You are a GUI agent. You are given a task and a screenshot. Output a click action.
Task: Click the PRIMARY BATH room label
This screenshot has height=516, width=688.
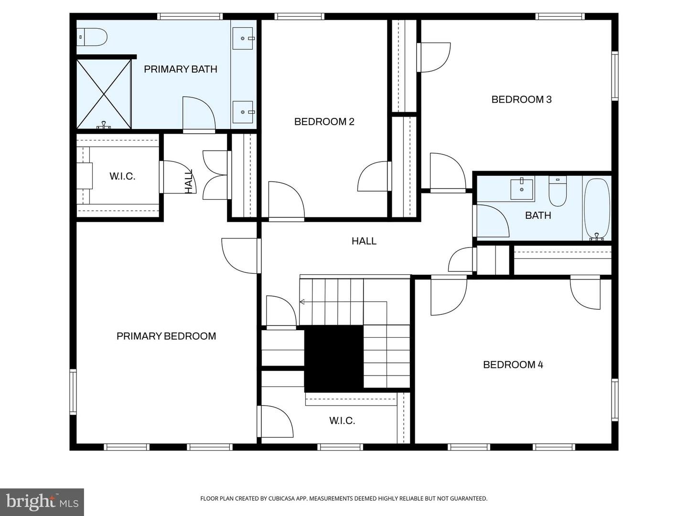click(180, 69)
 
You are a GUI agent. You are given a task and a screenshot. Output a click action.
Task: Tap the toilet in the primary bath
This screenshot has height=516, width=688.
click(93, 37)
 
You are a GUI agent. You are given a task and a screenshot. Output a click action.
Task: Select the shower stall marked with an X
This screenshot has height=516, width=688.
click(104, 94)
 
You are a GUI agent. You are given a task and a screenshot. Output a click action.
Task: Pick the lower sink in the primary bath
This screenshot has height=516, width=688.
click(243, 112)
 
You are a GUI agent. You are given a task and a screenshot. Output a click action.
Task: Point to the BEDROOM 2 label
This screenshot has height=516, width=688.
click(324, 122)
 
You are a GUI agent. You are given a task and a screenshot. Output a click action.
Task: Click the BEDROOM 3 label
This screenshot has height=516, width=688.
click(521, 99)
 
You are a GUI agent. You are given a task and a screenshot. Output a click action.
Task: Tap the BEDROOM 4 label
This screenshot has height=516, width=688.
click(513, 365)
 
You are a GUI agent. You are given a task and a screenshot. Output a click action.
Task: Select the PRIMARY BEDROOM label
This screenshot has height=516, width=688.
click(166, 336)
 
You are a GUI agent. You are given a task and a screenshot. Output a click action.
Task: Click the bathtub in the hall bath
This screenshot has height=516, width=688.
click(597, 209)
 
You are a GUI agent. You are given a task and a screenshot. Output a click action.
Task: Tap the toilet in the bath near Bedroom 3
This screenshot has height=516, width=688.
click(558, 192)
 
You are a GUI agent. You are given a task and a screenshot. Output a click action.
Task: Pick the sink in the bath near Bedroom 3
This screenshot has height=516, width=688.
click(522, 189)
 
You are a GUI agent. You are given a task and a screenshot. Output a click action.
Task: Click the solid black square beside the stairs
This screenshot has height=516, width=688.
click(333, 358)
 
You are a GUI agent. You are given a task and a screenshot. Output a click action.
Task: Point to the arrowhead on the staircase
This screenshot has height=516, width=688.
click(302, 302)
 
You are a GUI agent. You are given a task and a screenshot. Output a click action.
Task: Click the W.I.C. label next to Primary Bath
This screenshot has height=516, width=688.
click(122, 176)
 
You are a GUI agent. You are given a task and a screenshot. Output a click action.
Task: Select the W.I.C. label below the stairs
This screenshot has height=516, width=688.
click(342, 420)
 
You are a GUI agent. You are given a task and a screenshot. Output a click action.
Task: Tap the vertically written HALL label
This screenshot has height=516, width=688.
click(189, 181)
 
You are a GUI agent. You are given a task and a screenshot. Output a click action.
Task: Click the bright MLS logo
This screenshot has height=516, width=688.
click(42, 502)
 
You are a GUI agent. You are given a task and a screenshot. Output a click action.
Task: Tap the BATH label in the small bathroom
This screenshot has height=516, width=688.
click(538, 215)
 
